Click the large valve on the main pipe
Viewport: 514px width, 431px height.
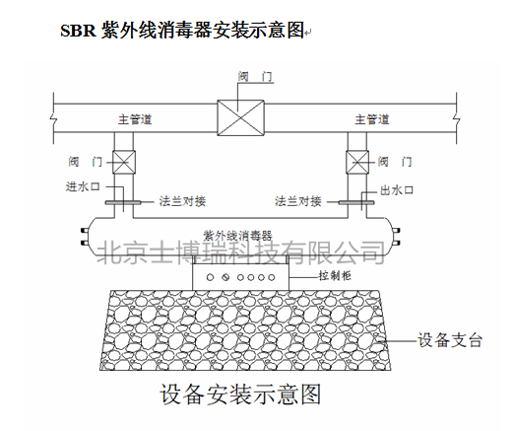coord(240,117)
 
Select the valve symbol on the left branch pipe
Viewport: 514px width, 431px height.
coord(124,162)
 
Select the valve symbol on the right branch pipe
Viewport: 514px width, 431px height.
coord(357,162)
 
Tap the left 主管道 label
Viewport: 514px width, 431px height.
coord(135,119)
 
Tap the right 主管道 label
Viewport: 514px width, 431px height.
coord(372,119)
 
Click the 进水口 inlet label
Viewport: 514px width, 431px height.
coord(83,186)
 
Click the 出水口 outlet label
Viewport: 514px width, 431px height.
coord(397,190)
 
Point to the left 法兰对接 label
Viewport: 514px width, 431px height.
coord(182,201)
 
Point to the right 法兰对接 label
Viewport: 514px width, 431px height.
coord(298,201)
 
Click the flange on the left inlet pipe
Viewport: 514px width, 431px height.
coord(123,202)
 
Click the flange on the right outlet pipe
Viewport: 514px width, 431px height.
coord(356,202)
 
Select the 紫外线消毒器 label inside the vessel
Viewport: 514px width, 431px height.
coord(237,236)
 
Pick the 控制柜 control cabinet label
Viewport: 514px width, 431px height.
coord(335,275)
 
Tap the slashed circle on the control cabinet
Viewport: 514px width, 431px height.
coord(225,277)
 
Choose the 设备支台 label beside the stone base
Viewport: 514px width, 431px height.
coord(450,340)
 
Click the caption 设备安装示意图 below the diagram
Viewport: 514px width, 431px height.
coord(240,394)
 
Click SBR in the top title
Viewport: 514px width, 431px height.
coord(78,31)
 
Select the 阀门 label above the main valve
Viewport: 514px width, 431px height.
coord(255,77)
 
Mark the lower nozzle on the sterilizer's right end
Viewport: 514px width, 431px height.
coord(396,244)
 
